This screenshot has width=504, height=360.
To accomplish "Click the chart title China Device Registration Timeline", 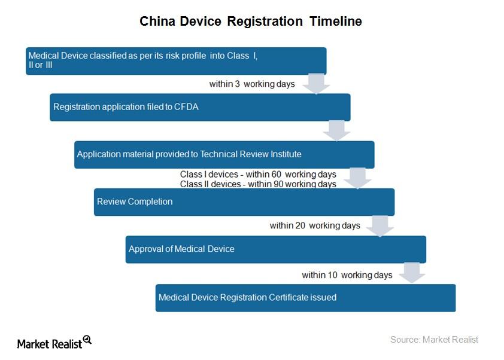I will (251, 22).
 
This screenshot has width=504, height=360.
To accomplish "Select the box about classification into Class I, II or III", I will (176, 61).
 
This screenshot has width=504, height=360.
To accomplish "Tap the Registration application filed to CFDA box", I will (200, 108).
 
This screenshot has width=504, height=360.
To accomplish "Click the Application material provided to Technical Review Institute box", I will (224, 154).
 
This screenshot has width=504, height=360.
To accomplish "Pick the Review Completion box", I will (244, 202).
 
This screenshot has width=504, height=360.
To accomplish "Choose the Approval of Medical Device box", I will (275, 249).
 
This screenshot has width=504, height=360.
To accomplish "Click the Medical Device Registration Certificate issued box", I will (305, 297).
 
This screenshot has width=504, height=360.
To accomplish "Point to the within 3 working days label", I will (252, 84).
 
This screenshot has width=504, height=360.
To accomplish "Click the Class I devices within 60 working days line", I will (258, 175).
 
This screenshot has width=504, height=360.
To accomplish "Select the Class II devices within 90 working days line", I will (258, 184).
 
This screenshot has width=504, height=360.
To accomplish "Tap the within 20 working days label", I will (315, 225).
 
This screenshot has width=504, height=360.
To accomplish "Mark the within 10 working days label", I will (347, 275).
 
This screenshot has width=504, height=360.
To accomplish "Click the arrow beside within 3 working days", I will (316, 83).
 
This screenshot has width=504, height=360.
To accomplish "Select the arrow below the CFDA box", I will (336, 130).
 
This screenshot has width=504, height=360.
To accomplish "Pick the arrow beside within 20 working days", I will (379, 225).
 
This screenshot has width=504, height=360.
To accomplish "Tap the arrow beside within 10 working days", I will (411, 273).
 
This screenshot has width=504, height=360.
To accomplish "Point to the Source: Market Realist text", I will (434, 340).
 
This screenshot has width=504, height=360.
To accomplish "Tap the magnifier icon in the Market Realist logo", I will (87, 339).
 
